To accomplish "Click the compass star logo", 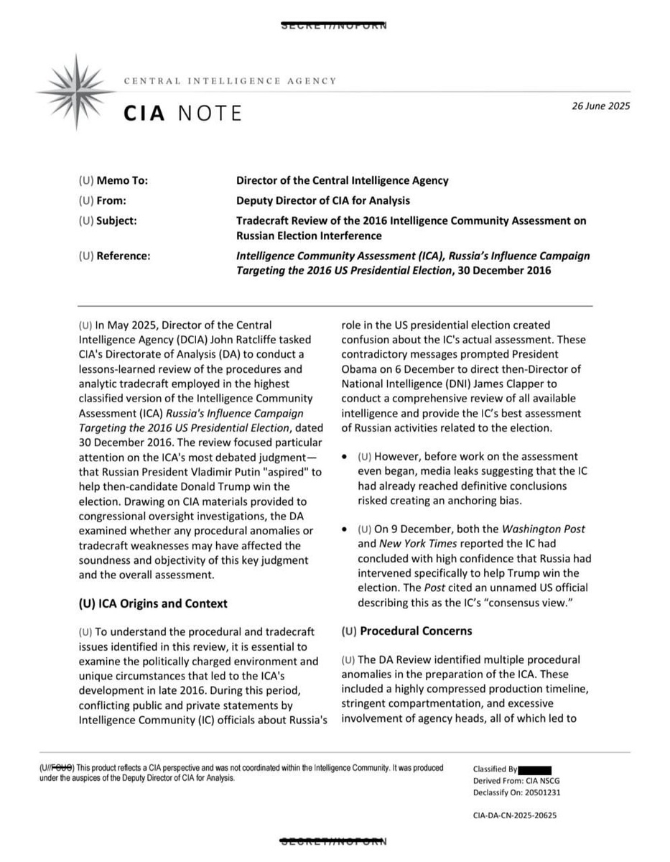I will (x=75, y=91).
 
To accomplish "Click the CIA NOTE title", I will (x=182, y=113).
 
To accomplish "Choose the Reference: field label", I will (x=114, y=255).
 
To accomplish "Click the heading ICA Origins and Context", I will (x=152, y=603).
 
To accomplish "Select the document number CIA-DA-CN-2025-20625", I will (x=515, y=815).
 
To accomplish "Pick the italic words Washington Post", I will (x=544, y=529).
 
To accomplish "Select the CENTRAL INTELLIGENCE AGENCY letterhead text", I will (x=230, y=81).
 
